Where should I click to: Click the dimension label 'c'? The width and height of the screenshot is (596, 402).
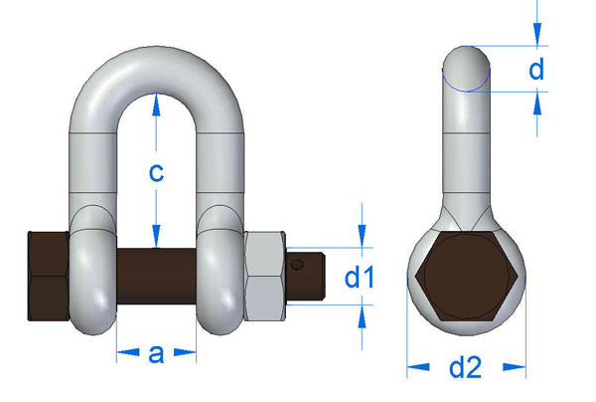[x=156, y=171]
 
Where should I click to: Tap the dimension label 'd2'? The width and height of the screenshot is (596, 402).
[x=465, y=367]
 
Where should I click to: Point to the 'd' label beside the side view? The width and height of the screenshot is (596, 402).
[x=536, y=69]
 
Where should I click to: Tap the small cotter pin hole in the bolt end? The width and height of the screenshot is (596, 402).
[x=298, y=264]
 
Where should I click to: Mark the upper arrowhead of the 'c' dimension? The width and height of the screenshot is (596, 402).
[x=156, y=100]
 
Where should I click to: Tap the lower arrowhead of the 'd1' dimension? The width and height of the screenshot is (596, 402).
[x=364, y=312]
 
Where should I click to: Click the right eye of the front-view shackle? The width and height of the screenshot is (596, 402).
[x=221, y=279]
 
